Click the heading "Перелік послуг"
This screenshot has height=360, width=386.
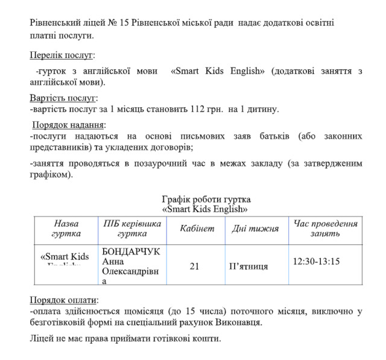(62, 55)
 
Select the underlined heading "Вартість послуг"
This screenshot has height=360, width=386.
(63, 98)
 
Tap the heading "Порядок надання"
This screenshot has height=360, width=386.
(68, 125)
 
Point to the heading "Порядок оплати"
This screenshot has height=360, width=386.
(63, 300)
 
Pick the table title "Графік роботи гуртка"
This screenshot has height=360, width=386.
(206, 200)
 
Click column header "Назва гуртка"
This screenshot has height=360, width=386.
(66, 229)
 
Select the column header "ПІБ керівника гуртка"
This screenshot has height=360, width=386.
(132, 229)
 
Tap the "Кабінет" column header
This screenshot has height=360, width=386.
(197, 229)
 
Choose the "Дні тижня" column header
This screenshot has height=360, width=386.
(255, 229)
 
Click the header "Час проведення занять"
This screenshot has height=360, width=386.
(325, 229)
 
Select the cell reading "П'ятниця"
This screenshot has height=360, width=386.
(249, 266)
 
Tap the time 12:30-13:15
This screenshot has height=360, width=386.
(316, 261)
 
